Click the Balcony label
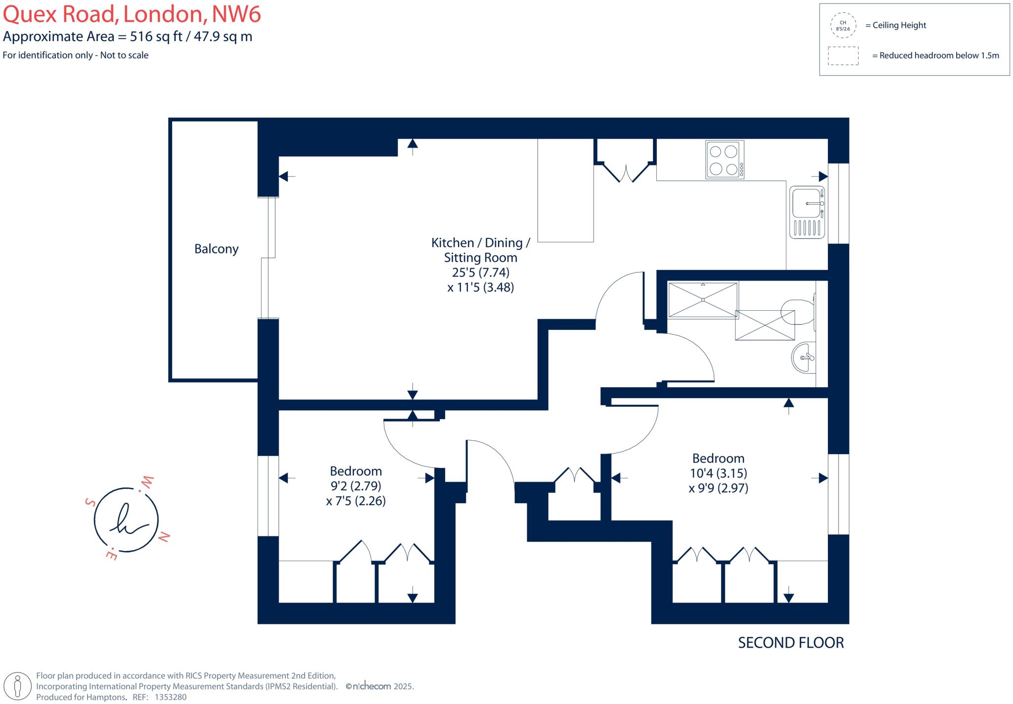[216, 249]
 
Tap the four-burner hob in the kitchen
[725, 160]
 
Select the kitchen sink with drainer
[807, 212]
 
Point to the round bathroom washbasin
[803, 357]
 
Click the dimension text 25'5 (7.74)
[480, 273]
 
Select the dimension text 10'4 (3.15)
[718, 473]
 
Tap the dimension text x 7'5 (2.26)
[356, 501]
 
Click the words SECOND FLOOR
[791, 643]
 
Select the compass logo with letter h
[126, 519]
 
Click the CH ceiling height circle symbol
[843, 26]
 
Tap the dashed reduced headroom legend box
[843, 56]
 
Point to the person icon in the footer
[18, 687]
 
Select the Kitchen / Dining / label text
[480, 243]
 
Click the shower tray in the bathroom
[702, 300]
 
